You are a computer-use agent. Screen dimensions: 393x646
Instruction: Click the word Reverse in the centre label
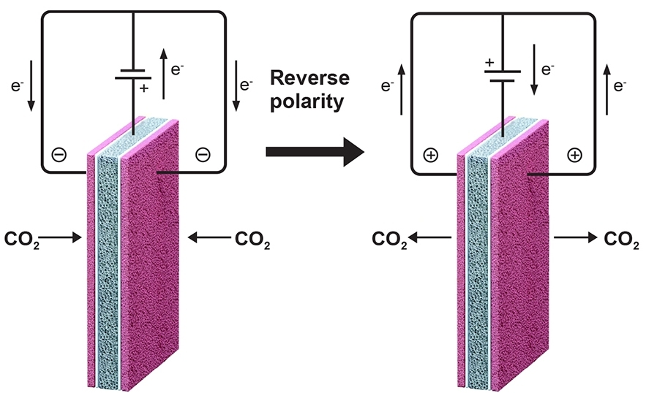pos(309,78)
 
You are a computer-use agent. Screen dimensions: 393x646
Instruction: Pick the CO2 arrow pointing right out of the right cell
pos(575,237)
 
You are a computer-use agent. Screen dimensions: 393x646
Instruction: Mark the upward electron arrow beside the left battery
pos(163,72)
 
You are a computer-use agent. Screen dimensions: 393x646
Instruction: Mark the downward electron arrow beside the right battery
pos(533,72)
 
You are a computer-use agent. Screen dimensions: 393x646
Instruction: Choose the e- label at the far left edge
pos(17,85)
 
